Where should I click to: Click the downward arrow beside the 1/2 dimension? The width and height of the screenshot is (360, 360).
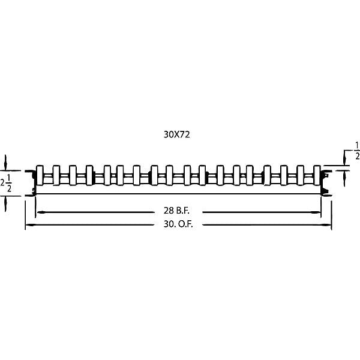point(344,160)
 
